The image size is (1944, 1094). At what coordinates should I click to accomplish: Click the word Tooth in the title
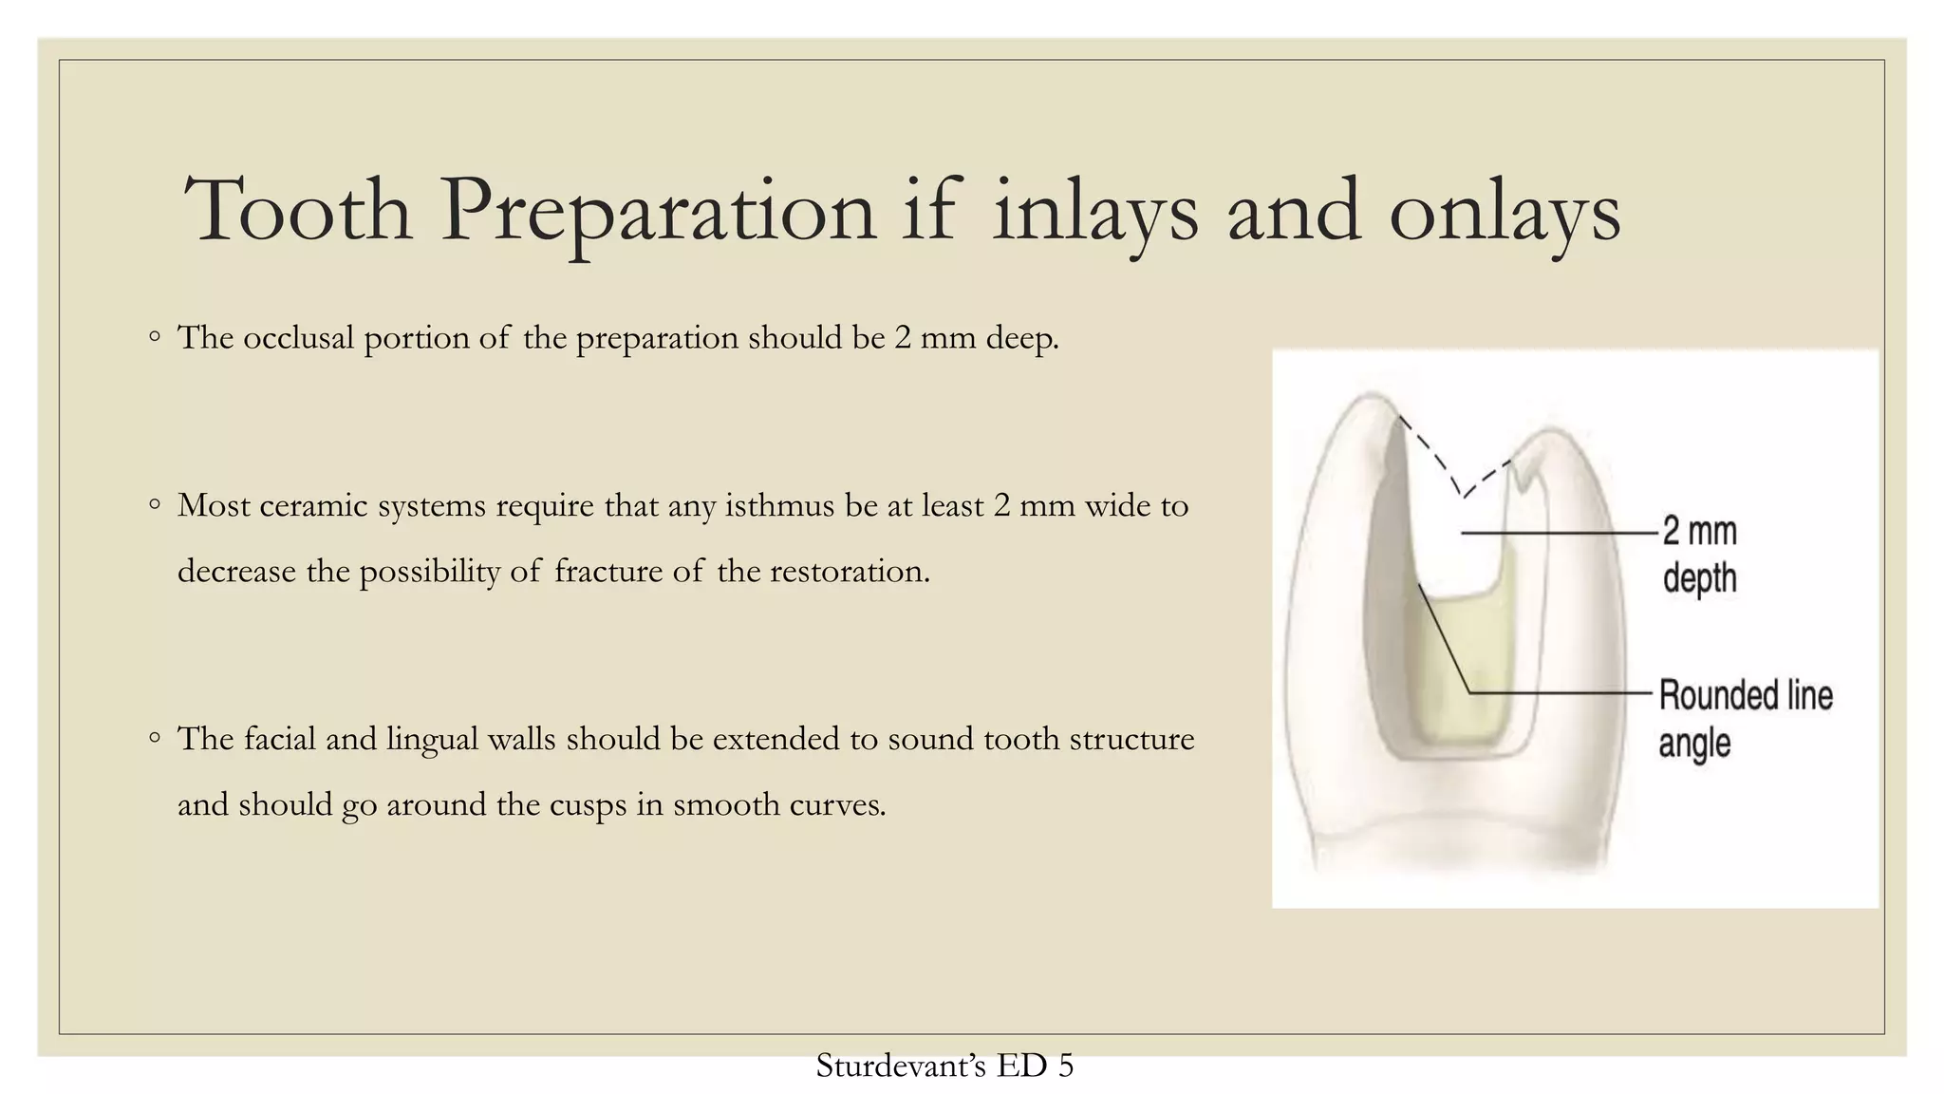click(298, 211)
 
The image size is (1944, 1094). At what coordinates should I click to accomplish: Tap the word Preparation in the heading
click(657, 211)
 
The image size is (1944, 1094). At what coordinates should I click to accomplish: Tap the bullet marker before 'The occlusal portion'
click(155, 336)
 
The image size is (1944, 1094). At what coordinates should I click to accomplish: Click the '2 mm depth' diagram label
click(1699, 555)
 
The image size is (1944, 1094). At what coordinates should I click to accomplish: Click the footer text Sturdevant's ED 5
click(944, 1066)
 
